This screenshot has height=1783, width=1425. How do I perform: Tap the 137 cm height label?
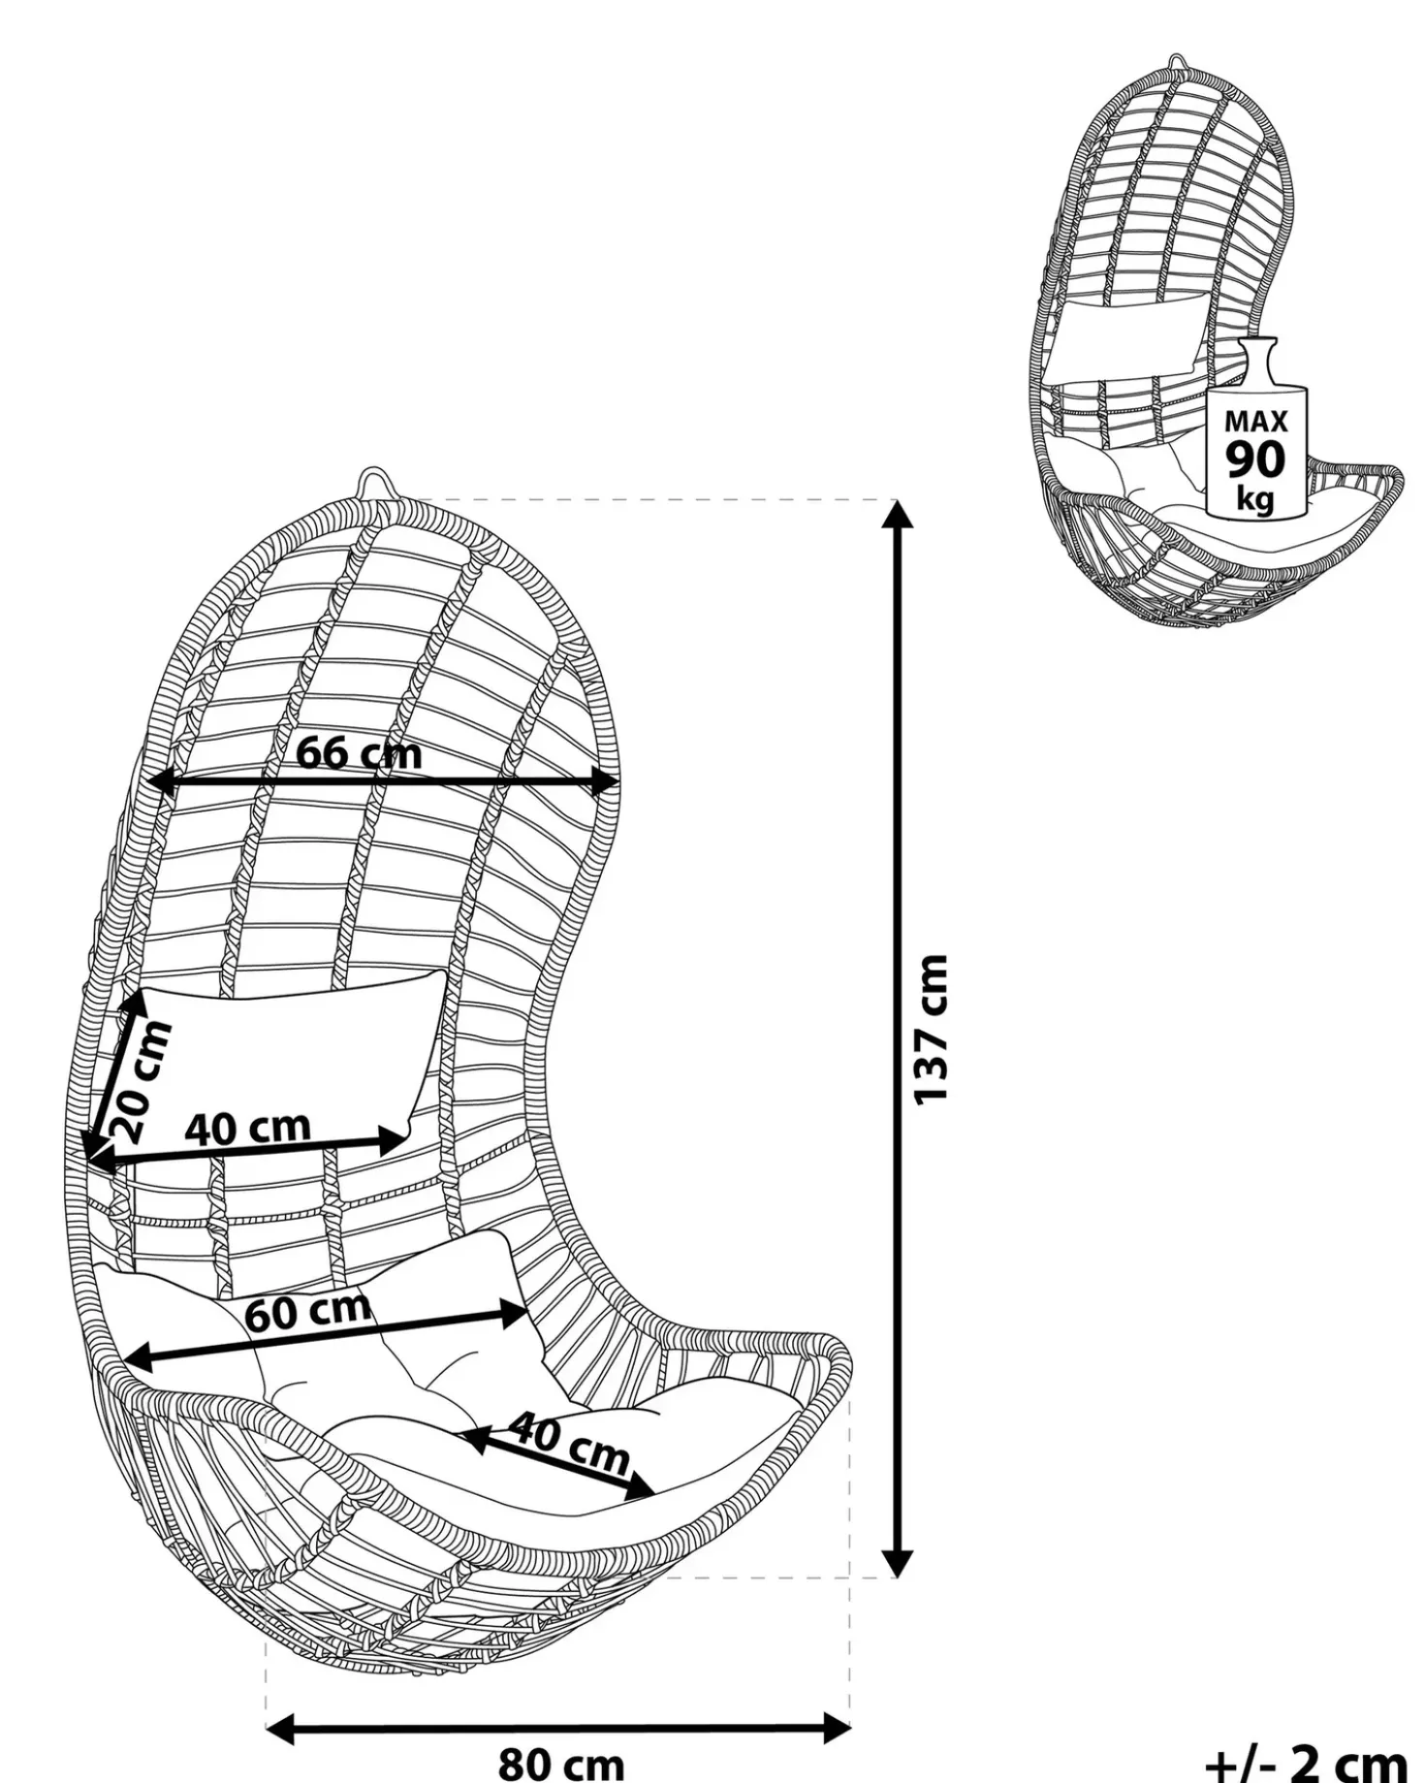click(x=932, y=1029)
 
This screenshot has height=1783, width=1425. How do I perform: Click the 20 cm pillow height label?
click(x=142, y=1080)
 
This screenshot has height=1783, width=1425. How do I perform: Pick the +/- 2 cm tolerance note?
click(x=1306, y=1760)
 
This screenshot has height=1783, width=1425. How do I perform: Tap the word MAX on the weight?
click(x=1256, y=421)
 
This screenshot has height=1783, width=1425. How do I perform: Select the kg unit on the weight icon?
click(x=1255, y=499)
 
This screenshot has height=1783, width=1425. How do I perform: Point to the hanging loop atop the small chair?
click(x=1176, y=63)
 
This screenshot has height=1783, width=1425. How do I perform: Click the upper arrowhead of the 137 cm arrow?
click(x=899, y=514)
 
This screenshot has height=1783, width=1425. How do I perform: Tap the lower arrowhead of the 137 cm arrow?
click(x=899, y=1563)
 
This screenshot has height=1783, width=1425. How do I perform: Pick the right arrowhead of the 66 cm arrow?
click(x=606, y=782)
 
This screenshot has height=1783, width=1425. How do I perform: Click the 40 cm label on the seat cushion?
click(x=569, y=1446)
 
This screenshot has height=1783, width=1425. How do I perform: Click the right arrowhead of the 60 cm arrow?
click(x=515, y=1315)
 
